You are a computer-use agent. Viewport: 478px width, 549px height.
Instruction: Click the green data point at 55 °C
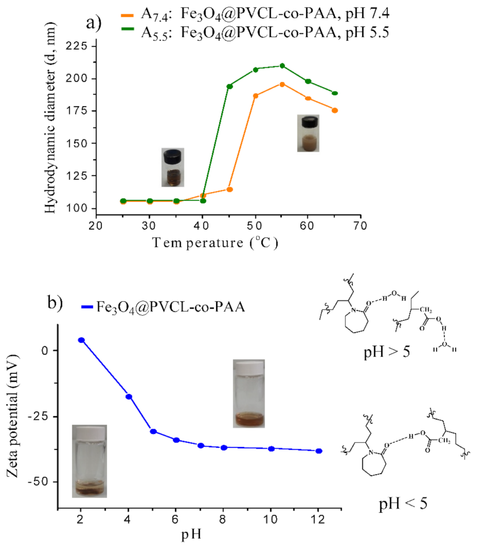tap(282, 66)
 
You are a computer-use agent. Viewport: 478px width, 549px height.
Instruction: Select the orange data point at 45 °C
tap(229, 190)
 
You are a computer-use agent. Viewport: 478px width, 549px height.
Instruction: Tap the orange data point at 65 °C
tap(335, 110)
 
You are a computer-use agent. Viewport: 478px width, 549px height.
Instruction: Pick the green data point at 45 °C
tap(229, 86)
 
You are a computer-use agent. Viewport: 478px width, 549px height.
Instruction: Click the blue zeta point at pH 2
tap(81, 340)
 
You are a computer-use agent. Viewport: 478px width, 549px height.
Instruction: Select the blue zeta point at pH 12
tap(319, 451)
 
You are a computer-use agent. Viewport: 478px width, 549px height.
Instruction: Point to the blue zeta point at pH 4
tap(129, 396)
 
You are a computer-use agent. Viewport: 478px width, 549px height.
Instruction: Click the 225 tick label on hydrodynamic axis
tap(76, 46)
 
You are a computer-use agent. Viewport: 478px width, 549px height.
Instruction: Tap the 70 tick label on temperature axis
tap(360, 226)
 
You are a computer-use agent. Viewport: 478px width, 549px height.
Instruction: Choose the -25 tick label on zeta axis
tap(39, 417)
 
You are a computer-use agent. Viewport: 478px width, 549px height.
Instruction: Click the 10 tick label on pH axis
tap(271, 519)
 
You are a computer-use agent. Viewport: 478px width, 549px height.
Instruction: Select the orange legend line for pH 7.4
tap(127, 15)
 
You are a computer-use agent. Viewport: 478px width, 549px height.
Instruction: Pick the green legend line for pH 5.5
tap(127, 28)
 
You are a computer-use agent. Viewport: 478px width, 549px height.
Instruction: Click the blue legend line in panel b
tap(87, 307)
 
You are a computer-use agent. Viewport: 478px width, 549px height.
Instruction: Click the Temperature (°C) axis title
tap(215, 243)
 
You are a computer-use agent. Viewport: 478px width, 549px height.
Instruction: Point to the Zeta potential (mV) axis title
tap(13, 416)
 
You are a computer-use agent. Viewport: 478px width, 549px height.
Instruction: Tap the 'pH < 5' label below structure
tap(403, 503)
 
